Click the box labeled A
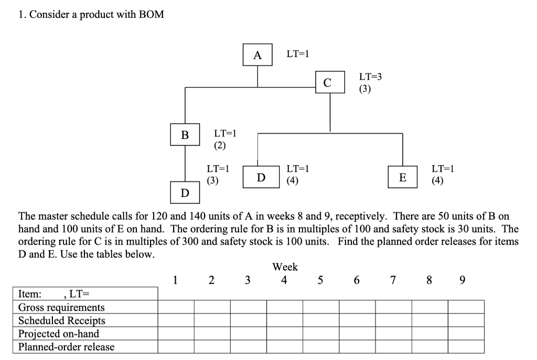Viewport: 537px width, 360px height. click(x=257, y=55)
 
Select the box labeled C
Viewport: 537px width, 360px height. click(x=330, y=82)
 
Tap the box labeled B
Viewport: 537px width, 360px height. click(x=185, y=135)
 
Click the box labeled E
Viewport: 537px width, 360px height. click(x=402, y=177)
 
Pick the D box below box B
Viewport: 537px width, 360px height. click(x=185, y=193)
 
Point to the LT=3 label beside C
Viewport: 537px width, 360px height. click(x=370, y=77)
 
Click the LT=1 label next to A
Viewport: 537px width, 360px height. click(x=297, y=53)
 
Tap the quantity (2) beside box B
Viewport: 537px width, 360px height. click(x=220, y=145)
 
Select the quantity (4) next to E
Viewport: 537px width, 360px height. click(x=437, y=181)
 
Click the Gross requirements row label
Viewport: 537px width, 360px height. click(x=61, y=307)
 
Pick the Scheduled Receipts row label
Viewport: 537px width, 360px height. click(x=61, y=320)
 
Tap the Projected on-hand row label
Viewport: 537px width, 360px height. click(x=59, y=333)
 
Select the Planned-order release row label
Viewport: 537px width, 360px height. click(x=66, y=346)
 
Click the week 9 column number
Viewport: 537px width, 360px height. click(x=461, y=280)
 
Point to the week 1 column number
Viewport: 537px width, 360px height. click(x=176, y=280)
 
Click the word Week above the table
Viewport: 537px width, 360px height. click(x=285, y=267)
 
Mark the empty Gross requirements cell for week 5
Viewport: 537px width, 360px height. click(x=320, y=307)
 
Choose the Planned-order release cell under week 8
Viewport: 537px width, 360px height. click(x=429, y=346)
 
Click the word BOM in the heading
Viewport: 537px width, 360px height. click(x=151, y=15)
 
